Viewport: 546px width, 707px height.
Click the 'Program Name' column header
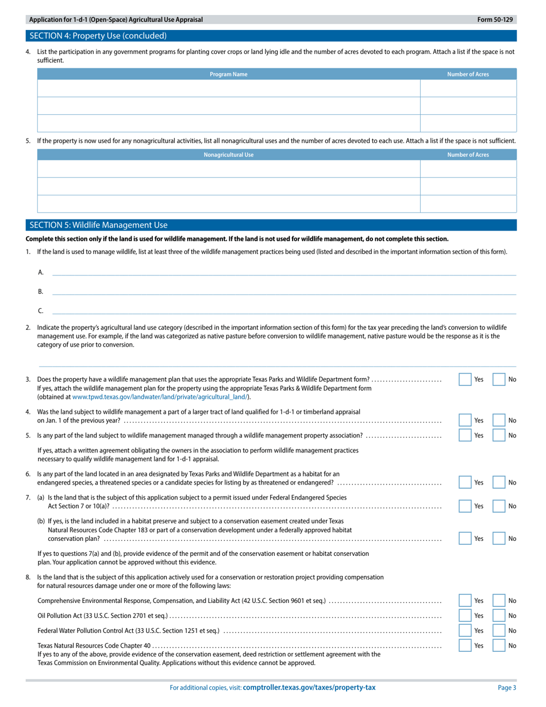(x=228, y=74)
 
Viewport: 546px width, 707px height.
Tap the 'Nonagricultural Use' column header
(x=228, y=155)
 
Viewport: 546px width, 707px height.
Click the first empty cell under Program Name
(x=228, y=89)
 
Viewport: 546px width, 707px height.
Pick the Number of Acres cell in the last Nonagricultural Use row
(x=468, y=204)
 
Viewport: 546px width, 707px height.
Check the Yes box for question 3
(x=465, y=379)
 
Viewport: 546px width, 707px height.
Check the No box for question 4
(x=499, y=420)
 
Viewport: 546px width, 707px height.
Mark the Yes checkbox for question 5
(x=465, y=435)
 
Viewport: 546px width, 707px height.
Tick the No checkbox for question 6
(x=499, y=482)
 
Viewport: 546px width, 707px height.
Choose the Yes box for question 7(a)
(x=465, y=506)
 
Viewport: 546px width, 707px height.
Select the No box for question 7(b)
(x=499, y=539)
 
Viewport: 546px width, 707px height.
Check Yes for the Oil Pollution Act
(x=465, y=616)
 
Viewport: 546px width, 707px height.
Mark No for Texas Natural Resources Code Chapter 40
(x=499, y=645)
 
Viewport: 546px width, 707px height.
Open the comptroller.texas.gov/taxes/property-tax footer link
(x=309, y=687)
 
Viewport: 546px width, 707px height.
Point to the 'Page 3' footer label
(x=506, y=687)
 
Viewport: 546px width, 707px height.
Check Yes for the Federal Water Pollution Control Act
(x=465, y=631)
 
